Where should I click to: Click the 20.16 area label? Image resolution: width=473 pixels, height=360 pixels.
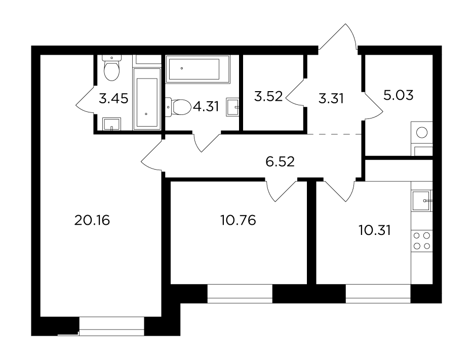tap(92, 220)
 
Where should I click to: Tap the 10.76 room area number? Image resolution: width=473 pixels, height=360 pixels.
tap(238, 220)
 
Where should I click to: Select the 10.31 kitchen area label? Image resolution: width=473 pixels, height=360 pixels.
tap(375, 231)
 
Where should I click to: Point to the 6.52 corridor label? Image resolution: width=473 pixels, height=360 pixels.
tap(280, 162)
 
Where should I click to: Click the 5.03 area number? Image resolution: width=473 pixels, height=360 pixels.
tap(398, 95)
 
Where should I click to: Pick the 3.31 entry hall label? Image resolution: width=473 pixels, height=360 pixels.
tap(331, 99)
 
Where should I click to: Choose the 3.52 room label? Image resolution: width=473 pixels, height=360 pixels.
tap(268, 97)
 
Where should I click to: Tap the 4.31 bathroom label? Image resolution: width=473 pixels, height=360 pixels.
tap(206, 106)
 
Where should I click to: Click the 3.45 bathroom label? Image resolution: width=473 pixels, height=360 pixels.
tap(113, 99)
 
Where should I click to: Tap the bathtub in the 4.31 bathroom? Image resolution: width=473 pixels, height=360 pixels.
tap(198, 69)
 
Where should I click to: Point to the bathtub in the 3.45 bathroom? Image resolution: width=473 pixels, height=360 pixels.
tap(147, 99)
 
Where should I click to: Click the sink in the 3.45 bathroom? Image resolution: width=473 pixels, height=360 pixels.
tap(111, 124)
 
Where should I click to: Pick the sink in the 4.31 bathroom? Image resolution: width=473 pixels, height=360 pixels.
tap(232, 106)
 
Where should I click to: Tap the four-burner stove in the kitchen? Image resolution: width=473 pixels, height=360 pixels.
tap(422, 241)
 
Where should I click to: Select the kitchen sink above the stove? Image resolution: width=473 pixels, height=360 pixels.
tap(422, 201)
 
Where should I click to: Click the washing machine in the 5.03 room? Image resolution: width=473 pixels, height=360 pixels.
tap(422, 133)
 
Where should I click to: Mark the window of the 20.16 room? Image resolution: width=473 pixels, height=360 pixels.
tap(111, 326)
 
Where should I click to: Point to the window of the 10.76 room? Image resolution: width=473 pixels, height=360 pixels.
tap(240, 294)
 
